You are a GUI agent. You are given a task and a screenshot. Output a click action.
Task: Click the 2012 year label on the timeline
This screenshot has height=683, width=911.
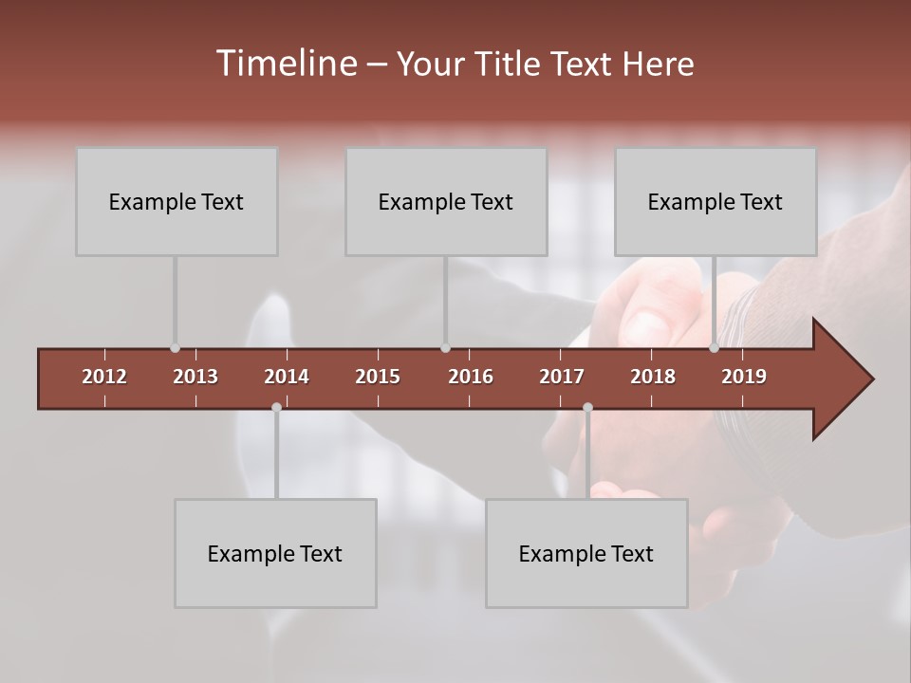104,377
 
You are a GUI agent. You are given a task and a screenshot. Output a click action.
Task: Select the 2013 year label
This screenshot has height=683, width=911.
195,377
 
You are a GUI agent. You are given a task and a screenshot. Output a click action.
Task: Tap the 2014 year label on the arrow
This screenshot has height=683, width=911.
287,377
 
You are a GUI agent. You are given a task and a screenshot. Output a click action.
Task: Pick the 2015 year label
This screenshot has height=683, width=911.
378,377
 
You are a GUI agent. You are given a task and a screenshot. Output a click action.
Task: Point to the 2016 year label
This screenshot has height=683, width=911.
471,377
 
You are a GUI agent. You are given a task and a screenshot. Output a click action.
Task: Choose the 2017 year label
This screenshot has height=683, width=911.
562,377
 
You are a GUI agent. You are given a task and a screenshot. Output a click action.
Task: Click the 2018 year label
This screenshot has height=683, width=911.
653,377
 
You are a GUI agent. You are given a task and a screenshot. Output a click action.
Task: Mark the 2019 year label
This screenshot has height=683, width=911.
744,377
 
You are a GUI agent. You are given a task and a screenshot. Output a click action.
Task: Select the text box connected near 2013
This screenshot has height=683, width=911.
177,201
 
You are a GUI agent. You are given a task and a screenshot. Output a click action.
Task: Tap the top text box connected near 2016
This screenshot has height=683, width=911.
446,201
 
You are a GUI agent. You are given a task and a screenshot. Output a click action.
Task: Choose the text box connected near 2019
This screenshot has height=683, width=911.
716,201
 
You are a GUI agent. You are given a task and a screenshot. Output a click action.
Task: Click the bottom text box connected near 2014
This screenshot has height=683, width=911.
275,553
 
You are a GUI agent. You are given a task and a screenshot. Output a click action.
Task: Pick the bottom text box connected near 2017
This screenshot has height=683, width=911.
586,553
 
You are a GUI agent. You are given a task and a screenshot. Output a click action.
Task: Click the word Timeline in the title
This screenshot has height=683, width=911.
285,64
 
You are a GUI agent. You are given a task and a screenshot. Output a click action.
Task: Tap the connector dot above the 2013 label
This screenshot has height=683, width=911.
175,348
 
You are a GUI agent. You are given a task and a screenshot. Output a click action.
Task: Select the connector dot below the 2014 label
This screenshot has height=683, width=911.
276,407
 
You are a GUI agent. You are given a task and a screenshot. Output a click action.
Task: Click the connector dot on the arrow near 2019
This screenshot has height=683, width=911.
715,348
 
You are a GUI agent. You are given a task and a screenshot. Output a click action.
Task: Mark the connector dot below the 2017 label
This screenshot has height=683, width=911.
587,407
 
